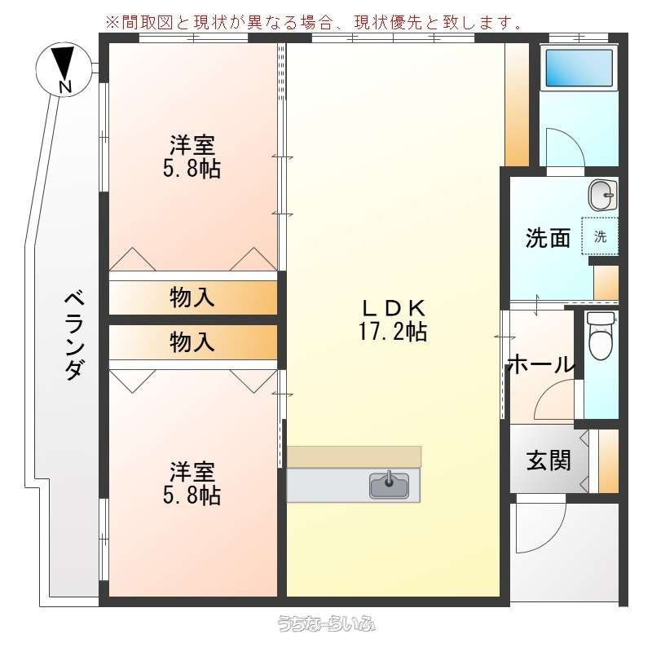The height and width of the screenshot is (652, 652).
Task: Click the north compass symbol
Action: tap(63, 69)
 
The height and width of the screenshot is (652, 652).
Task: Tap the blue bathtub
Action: tap(579, 68)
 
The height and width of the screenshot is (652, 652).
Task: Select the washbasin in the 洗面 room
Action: tap(602, 195)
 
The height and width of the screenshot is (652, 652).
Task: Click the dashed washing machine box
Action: tap(600, 236)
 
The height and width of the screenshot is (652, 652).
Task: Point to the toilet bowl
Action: tap(601, 336)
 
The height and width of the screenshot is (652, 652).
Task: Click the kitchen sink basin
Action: tap(390, 485)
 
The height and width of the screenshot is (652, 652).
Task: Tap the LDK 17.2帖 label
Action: tap(394, 320)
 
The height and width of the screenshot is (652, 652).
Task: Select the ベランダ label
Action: tap(74, 336)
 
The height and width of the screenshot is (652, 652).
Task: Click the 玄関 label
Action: tap(548, 460)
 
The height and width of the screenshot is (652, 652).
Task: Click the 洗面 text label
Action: tap(548, 238)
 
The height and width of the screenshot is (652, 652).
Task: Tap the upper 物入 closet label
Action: tap(192, 297)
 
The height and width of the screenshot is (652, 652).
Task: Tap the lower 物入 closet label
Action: tap(192, 342)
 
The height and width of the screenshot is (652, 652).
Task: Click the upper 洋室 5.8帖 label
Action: tap(192, 156)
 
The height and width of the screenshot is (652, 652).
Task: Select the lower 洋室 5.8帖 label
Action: tap(192, 482)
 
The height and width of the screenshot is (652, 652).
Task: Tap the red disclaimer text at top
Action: tap(315, 22)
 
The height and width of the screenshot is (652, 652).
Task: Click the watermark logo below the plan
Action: tap(327, 623)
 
